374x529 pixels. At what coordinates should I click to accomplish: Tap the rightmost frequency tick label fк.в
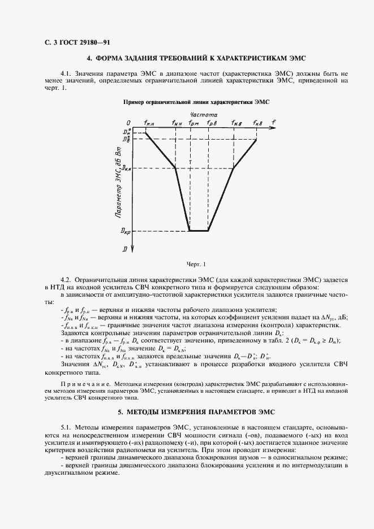point(257,123)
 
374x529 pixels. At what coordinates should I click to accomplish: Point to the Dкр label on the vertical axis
point(126,231)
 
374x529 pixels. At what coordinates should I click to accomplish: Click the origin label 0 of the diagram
point(128,123)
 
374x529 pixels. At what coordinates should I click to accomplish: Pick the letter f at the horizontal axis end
point(274,122)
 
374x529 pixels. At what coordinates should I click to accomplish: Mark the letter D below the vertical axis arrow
point(124,249)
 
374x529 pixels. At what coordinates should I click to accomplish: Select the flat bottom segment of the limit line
point(199,231)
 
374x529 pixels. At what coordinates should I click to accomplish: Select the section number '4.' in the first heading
point(89,58)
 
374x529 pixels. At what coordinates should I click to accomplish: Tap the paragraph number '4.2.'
point(66,280)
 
